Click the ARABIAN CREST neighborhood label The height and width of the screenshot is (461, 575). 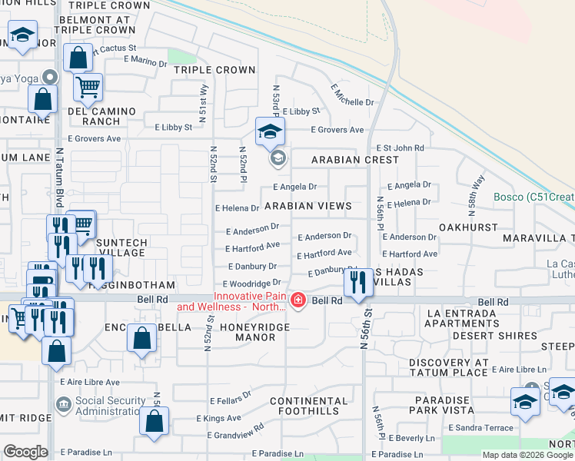(354, 160)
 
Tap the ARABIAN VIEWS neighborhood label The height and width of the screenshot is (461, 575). (308, 206)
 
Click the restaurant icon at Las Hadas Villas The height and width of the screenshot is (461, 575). (357, 284)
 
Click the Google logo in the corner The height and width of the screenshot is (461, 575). (26, 452)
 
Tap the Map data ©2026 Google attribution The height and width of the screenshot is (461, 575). (526, 455)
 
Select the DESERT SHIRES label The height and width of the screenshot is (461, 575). (494, 336)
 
